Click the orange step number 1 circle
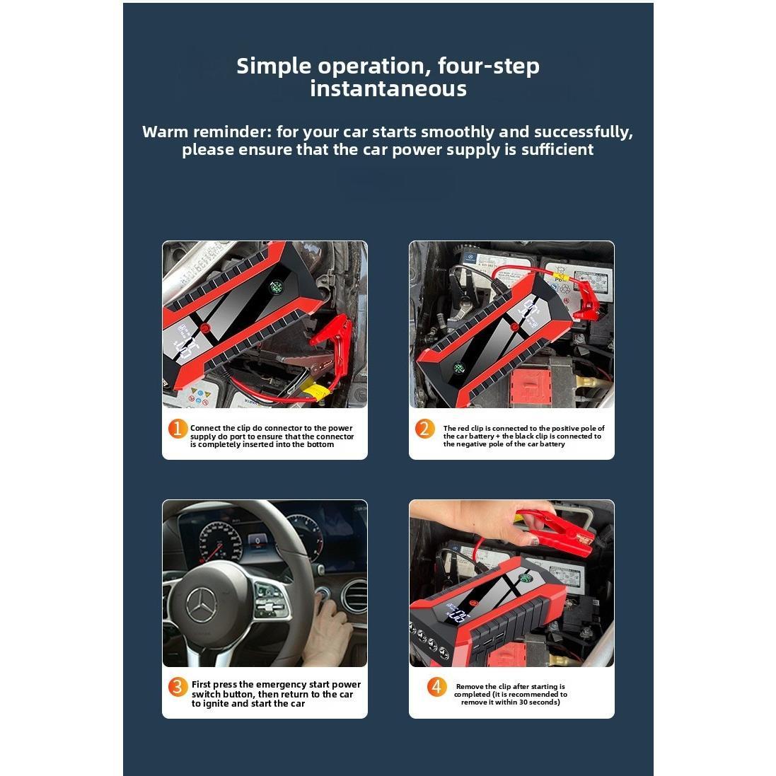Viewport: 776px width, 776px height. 178,429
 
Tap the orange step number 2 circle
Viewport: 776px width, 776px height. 424,429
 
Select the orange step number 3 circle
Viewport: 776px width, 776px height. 178,687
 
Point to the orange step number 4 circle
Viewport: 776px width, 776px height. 436,687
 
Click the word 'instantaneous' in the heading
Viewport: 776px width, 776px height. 388,88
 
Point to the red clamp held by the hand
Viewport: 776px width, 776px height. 559,530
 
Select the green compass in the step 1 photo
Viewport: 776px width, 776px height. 275,287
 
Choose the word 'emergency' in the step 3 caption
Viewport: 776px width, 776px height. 284,684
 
